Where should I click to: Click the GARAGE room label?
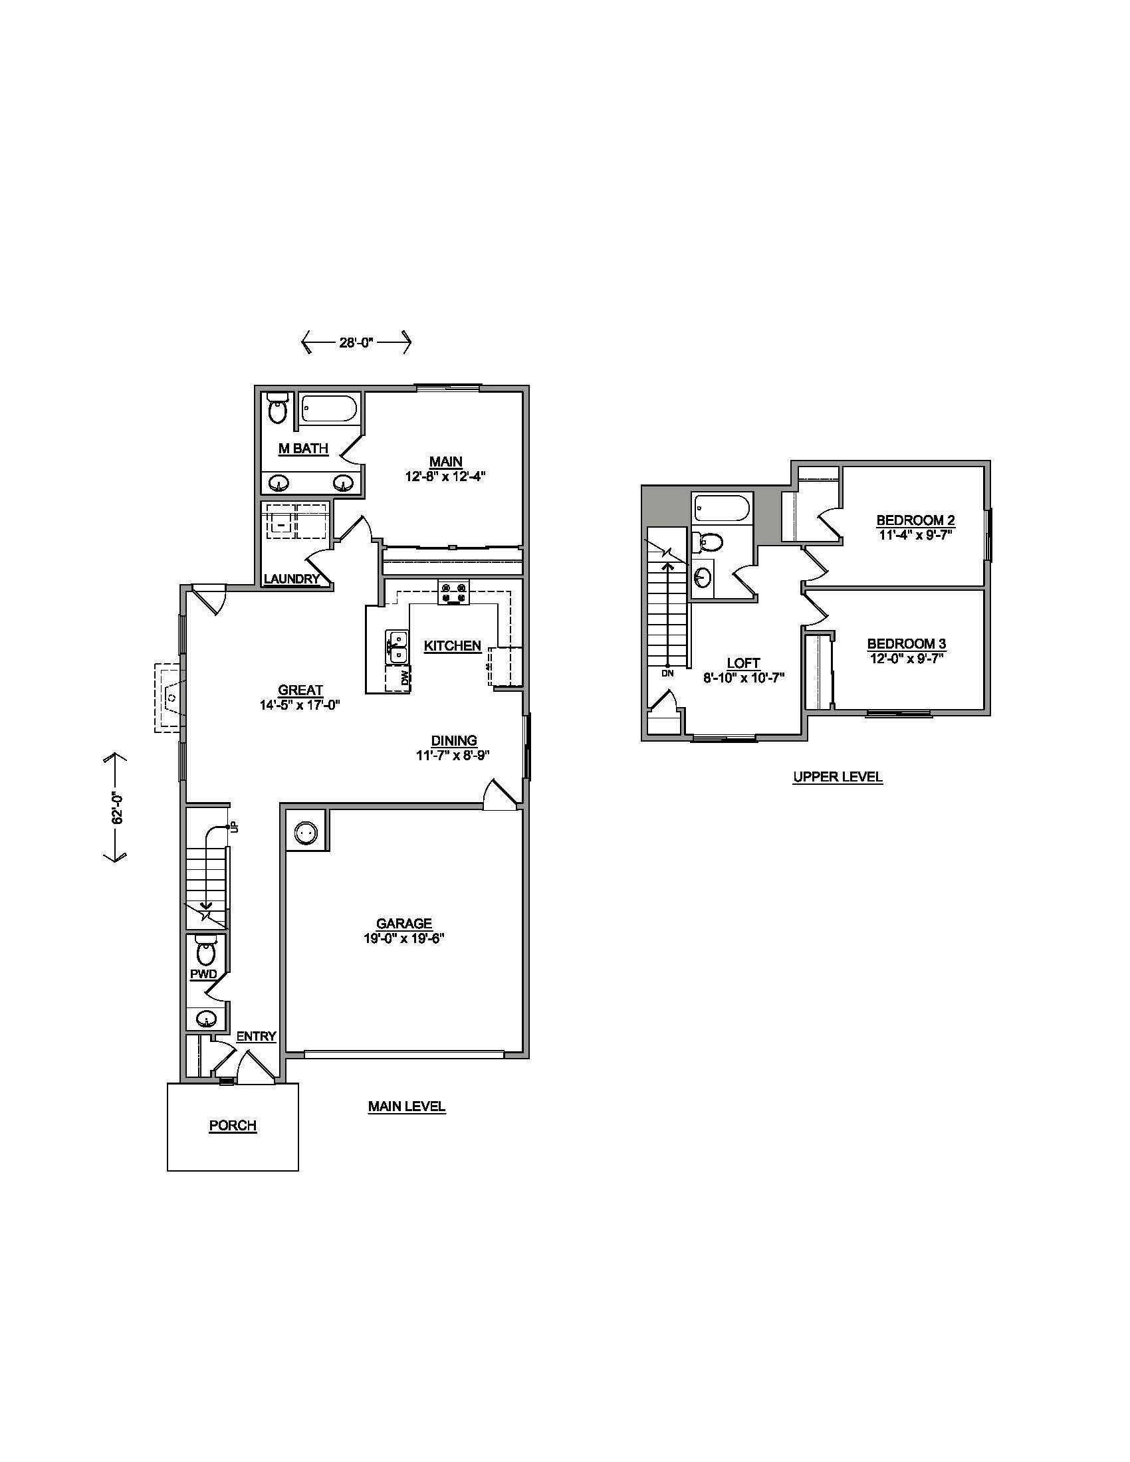point(403,924)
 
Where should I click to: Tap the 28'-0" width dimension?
point(356,343)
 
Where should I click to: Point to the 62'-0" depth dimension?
point(117,808)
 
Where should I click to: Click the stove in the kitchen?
point(453,592)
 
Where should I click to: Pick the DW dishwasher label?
point(405,678)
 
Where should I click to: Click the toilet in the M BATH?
point(278,408)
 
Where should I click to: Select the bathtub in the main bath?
point(328,408)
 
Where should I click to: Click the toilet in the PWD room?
point(206,951)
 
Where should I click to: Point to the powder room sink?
point(205,1019)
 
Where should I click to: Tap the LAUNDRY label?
point(291,579)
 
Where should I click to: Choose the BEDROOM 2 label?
point(915,520)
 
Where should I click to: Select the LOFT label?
point(743,663)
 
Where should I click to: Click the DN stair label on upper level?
point(667,673)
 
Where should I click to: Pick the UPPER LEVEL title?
point(838,778)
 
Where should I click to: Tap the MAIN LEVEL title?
point(406,1106)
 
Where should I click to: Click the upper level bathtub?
point(723,509)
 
